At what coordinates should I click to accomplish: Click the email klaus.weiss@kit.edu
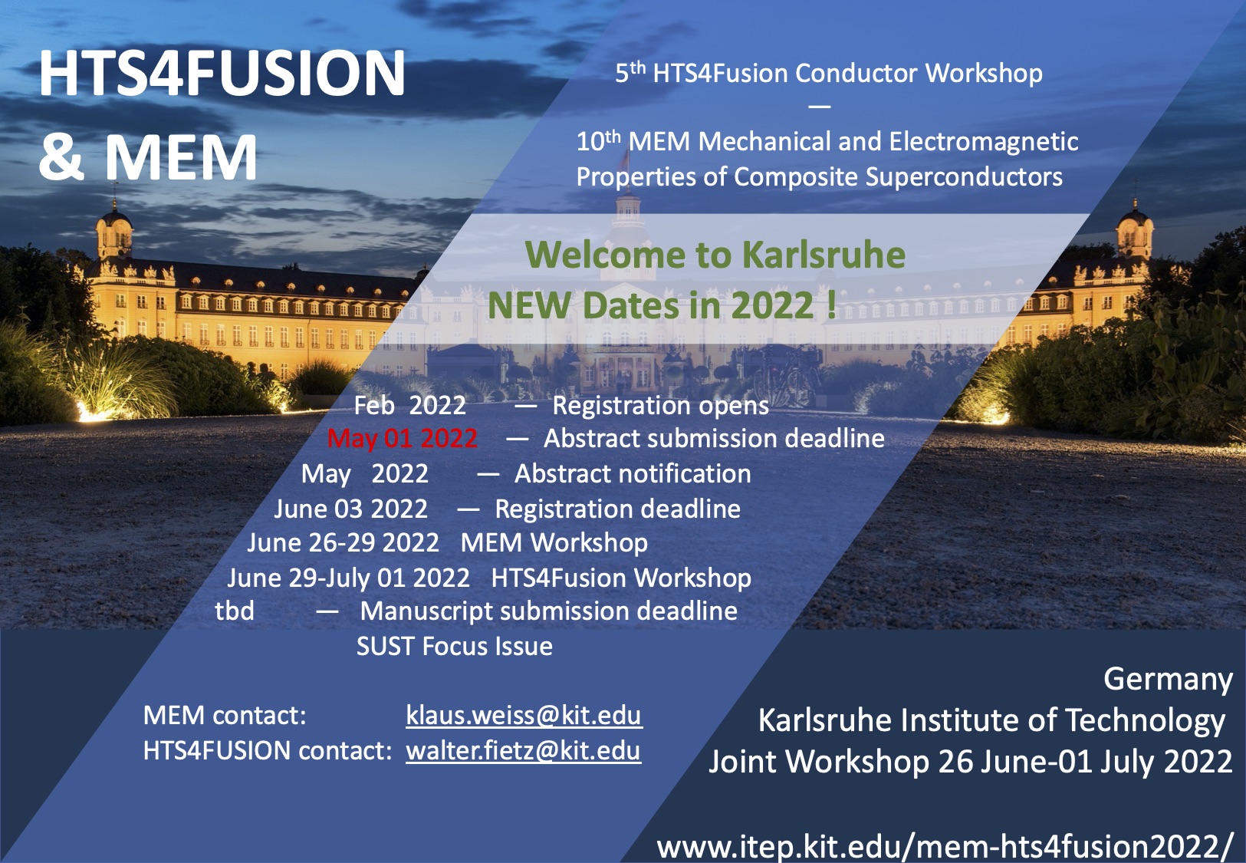(x=524, y=716)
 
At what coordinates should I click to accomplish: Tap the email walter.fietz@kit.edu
(x=524, y=750)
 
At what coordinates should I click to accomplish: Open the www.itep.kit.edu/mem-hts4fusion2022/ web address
(x=944, y=847)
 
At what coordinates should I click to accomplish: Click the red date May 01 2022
(x=402, y=439)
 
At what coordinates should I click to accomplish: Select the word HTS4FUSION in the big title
(x=222, y=74)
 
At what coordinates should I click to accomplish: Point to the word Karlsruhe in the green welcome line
(x=824, y=255)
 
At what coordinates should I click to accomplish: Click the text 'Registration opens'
(x=661, y=406)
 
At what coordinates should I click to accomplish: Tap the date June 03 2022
(x=351, y=509)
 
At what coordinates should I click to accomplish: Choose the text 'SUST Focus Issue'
(x=455, y=647)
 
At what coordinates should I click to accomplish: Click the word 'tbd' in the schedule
(x=235, y=611)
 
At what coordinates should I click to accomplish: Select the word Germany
(x=1168, y=680)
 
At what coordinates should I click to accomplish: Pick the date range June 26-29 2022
(x=344, y=542)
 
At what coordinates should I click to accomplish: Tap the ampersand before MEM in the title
(x=62, y=157)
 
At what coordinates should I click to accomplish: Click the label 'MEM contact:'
(x=225, y=716)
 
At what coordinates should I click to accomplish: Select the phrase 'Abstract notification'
(x=633, y=473)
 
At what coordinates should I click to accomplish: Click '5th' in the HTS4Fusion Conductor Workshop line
(x=630, y=72)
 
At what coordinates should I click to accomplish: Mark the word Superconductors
(x=964, y=177)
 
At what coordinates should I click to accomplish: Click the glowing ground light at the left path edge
(x=92, y=413)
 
